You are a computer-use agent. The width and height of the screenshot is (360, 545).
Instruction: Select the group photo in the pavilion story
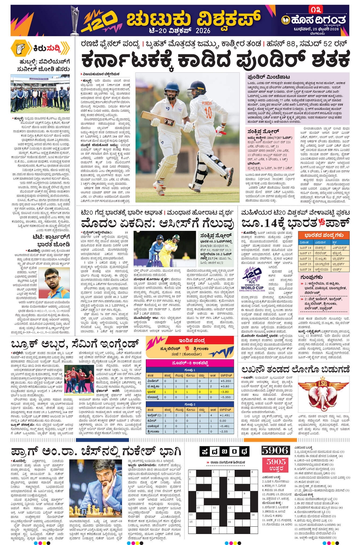point(40,94)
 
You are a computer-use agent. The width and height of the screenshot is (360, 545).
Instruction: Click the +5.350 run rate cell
point(226,381)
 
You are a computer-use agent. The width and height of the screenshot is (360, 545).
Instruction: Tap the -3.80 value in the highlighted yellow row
point(226,392)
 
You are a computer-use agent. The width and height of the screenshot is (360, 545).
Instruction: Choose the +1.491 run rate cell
point(226,416)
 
